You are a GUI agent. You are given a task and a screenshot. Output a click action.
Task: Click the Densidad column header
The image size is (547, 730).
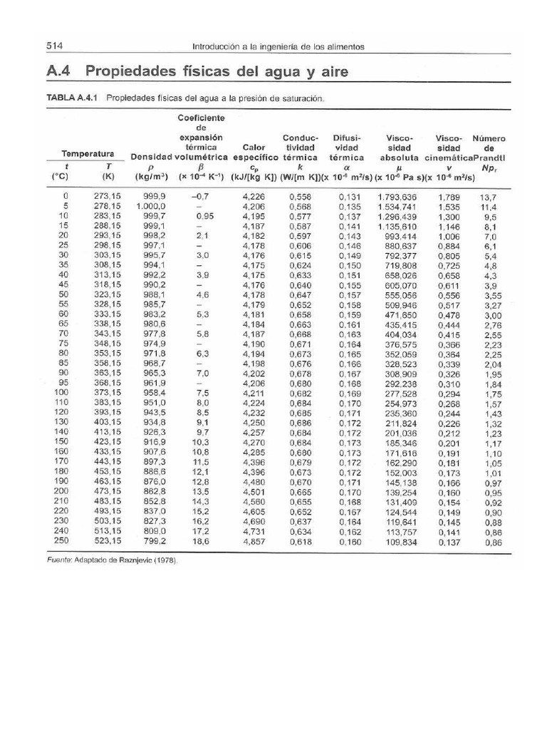pyautogui.click(x=151, y=157)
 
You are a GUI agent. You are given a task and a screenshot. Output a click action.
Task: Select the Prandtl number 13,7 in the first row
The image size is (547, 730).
pyautogui.click(x=488, y=196)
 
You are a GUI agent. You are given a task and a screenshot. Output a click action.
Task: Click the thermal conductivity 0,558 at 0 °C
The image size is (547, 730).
pyautogui.click(x=301, y=196)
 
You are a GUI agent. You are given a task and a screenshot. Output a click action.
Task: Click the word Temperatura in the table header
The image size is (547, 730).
pyautogui.click(x=88, y=153)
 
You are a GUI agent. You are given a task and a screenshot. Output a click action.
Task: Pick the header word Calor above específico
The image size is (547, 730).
pyautogui.click(x=254, y=148)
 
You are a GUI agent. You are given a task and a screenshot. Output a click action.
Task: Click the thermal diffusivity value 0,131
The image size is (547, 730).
pyautogui.click(x=350, y=196)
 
